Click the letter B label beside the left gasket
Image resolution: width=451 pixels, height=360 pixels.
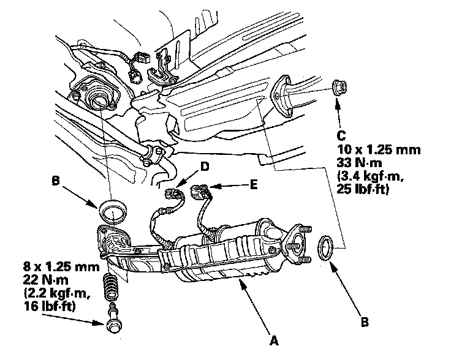[x=56, y=181]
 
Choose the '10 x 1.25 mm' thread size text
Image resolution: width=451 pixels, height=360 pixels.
[x=371, y=149]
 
